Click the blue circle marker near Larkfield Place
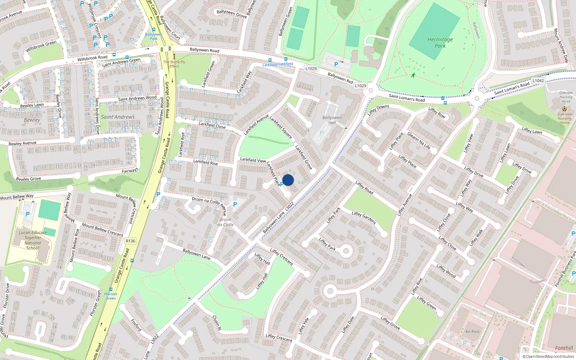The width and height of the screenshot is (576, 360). pyautogui.click(x=288, y=180)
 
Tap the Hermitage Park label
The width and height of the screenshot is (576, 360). pyautogui.click(x=440, y=42)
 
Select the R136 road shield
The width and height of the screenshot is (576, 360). pyautogui.click(x=130, y=241)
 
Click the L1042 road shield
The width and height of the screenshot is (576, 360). pyautogui.click(x=538, y=81)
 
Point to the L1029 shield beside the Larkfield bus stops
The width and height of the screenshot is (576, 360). pyautogui.click(x=311, y=68)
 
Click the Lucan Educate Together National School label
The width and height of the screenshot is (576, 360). pyautogui.click(x=33, y=240)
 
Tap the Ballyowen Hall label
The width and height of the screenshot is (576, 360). pyautogui.click(x=332, y=120)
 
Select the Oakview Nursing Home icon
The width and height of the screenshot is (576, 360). pyautogui.click(x=564, y=108)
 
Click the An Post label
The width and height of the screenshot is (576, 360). pyautogui.click(x=472, y=332)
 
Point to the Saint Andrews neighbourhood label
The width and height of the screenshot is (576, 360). pyautogui.click(x=118, y=117)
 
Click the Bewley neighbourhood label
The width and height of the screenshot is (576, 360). pyautogui.click(x=32, y=120)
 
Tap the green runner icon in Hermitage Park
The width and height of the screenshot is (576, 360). pyautogui.click(x=413, y=75)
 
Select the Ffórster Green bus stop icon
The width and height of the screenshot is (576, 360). pyautogui.click(x=111, y=289)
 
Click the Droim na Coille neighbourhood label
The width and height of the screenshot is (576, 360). pyautogui.click(x=225, y=222)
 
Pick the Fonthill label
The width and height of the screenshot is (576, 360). pyautogui.click(x=564, y=348)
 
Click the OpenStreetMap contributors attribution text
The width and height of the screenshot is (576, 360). pyautogui.click(x=548, y=357)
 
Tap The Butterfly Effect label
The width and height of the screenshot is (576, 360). pyautogui.click(x=174, y=64)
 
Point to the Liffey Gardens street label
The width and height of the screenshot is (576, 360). pyautogui.click(x=364, y=218)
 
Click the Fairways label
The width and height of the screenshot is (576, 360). pyautogui.click(x=130, y=171)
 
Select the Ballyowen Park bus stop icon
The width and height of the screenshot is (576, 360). pyautogui.click(x=154, y=30)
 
